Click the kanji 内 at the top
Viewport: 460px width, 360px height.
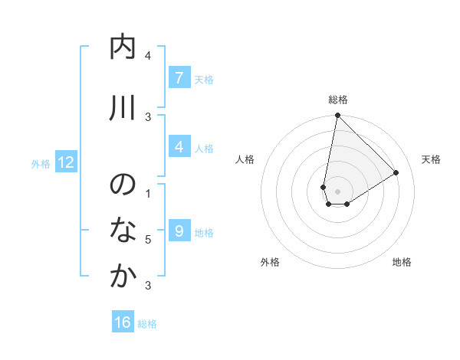123,47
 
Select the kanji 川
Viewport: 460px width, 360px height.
123,108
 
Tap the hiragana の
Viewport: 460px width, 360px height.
123,185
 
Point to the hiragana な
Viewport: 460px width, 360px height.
123,231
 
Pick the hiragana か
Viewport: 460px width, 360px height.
123,277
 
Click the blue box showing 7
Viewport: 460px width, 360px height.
178,77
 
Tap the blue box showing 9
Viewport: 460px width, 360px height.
178,231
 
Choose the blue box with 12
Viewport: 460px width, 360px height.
65,162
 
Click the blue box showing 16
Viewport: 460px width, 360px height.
123,322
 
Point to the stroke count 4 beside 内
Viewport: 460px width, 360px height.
148,56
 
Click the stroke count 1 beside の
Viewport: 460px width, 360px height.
148,193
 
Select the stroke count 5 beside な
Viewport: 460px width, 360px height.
148,240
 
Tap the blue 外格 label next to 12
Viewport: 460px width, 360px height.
41,163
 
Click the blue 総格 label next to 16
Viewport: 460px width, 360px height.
147,323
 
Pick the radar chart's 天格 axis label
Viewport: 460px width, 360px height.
431,159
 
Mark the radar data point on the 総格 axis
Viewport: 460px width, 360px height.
337,116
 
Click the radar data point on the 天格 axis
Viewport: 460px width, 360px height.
396,172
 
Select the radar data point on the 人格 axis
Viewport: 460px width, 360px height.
324,187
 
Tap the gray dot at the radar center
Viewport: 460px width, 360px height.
337,191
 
